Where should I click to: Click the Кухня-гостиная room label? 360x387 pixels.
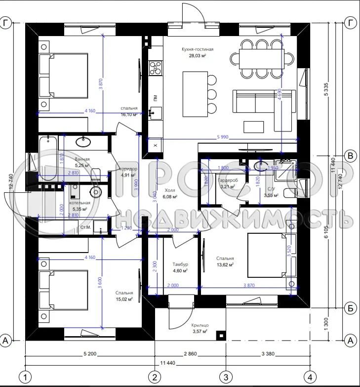tap(197, 50)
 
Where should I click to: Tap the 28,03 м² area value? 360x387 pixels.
tap(197, 56)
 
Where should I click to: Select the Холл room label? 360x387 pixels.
tap(170, 190)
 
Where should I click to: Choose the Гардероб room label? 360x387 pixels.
tap(228, 180)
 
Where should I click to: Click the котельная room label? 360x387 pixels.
tap(80, 203)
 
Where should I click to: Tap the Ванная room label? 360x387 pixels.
tap(82, 159)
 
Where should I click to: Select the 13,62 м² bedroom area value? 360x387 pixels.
tap(225, 264)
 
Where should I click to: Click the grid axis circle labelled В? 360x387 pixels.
tap(350, 156)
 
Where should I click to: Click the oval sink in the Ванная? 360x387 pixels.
tap(83, 142)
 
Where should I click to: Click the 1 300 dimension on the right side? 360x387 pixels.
tap(327, 325)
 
